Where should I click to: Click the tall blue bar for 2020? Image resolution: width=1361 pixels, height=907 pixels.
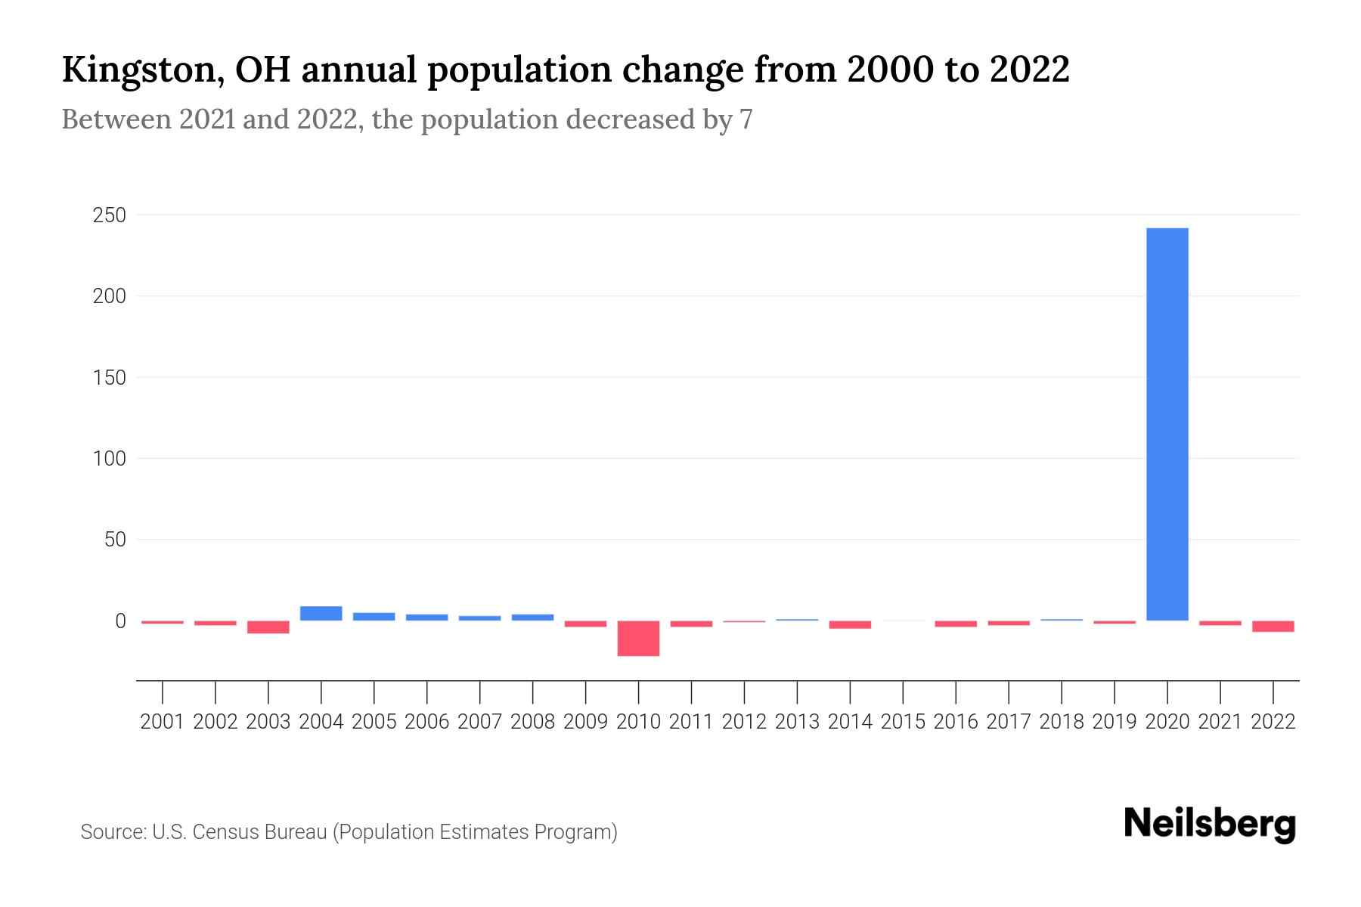click(1167, 423)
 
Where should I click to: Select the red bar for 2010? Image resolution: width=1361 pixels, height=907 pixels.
click(638, 638)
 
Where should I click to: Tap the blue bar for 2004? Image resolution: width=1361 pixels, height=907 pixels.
click(321, 613)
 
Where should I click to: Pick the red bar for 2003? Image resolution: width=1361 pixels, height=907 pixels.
click(268, 627)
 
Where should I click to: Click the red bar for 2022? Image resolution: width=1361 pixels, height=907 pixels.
click(1273, 626)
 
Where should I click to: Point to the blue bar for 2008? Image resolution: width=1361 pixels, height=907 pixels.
click(532, 617)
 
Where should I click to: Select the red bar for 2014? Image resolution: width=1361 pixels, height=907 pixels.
click(850, 624)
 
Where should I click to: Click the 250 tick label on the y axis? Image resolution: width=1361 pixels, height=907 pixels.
click(109, 215)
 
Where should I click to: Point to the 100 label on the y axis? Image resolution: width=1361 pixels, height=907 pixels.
click(109, 459)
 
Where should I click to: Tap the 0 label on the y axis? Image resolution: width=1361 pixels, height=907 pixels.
click(119, 621)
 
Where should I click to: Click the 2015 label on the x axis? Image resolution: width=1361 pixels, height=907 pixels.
click(903, 722)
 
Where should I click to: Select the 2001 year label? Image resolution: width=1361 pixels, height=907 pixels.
click(163, 722)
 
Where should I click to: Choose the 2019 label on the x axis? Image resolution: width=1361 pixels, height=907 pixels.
click(1114, 722)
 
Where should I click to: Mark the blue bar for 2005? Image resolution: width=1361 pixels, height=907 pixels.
click(374, 616)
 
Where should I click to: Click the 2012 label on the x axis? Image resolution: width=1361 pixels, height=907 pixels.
click(744, 722)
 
